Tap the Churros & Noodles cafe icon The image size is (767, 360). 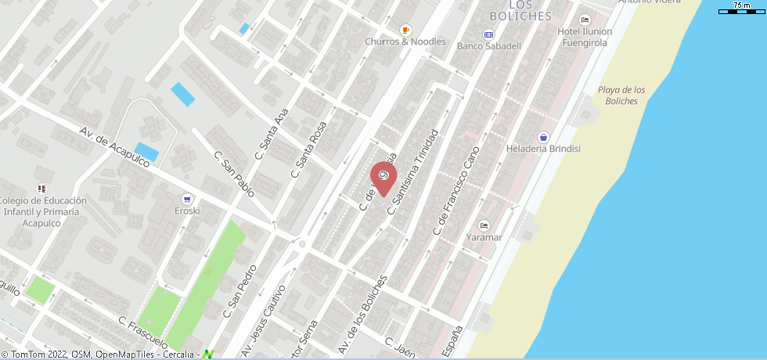405,30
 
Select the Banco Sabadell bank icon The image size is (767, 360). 489,34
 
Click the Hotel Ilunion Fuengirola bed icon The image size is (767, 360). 584,20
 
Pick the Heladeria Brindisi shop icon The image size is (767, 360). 543,137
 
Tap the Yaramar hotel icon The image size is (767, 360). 484,225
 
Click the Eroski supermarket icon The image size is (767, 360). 187,199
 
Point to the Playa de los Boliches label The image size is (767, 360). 621,95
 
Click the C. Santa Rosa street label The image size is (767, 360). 308,149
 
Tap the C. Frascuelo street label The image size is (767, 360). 143,332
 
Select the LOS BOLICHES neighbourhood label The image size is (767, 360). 520,12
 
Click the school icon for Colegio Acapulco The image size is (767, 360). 42,189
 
